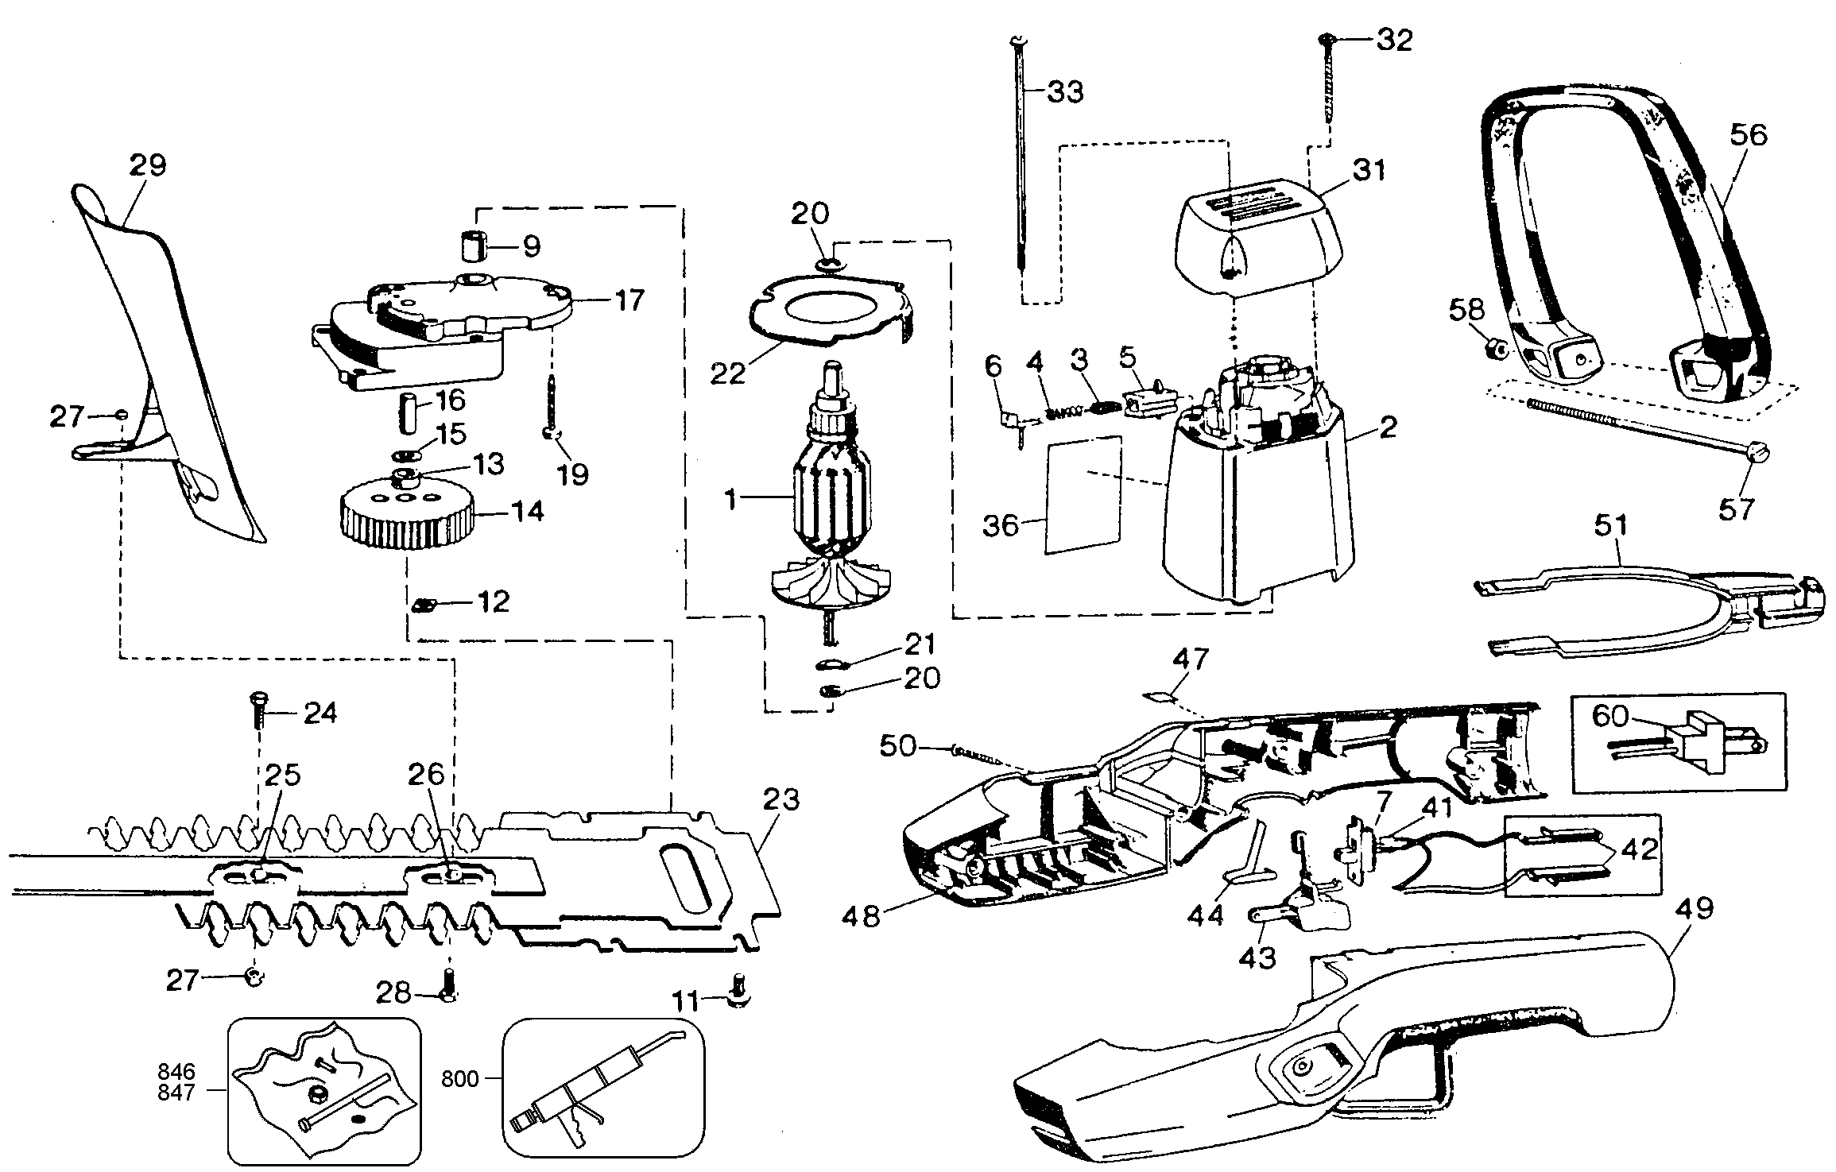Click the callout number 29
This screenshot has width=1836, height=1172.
click(x=148, y=166)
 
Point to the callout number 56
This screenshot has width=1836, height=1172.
click(x=1748, y=136)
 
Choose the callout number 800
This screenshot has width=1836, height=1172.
click(x=462, y=1079)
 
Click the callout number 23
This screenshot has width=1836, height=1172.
click(x=780, y=800)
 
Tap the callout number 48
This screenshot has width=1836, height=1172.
click(x=862, y=917)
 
